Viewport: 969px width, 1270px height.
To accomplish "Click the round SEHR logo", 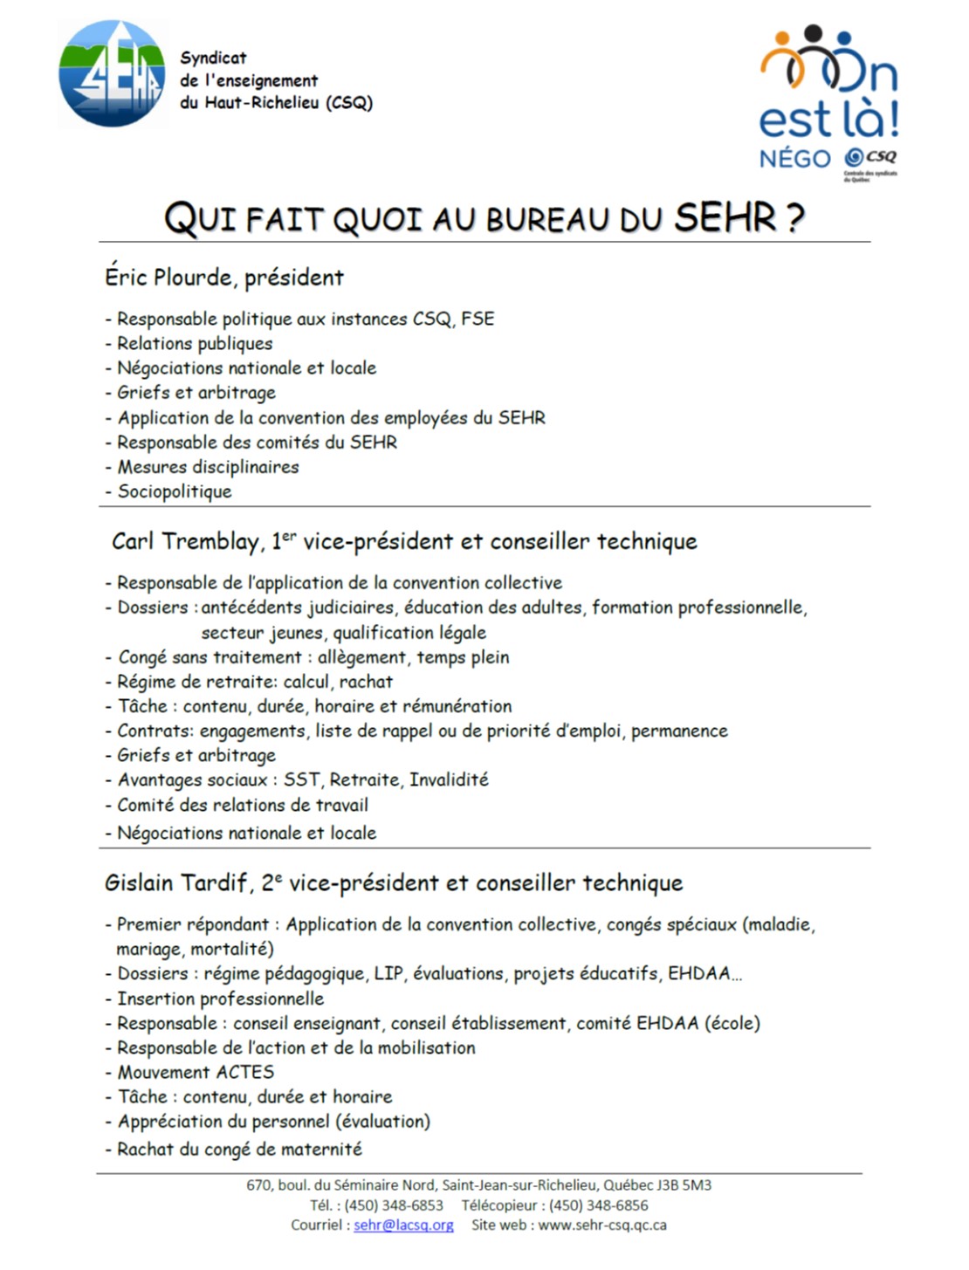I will click(112, 74).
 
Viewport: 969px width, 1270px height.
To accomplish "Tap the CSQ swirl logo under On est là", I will click(854, 157).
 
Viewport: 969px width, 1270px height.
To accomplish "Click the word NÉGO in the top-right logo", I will click(795, 159).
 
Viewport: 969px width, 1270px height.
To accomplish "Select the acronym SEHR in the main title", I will click(725, 216).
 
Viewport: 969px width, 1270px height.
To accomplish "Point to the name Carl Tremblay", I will click(185, 541).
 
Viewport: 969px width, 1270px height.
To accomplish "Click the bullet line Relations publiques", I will click(195, 344).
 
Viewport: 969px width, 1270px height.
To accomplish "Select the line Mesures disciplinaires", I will click(208, 467).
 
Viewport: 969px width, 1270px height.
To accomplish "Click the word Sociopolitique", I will click(175, 491).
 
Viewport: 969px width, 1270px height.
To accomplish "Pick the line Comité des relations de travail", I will click(243, 805).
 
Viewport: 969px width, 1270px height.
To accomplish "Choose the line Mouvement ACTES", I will click(196, 1072).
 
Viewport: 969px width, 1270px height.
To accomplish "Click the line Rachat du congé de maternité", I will click(239, 1150).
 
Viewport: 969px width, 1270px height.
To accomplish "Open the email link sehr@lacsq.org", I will click(403, 1225).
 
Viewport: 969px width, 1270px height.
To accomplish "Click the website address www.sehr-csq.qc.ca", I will click(602, 1225).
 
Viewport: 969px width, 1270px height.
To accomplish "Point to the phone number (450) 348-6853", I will click(394, 1205).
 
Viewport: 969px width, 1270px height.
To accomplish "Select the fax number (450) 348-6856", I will click(599, 1205).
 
